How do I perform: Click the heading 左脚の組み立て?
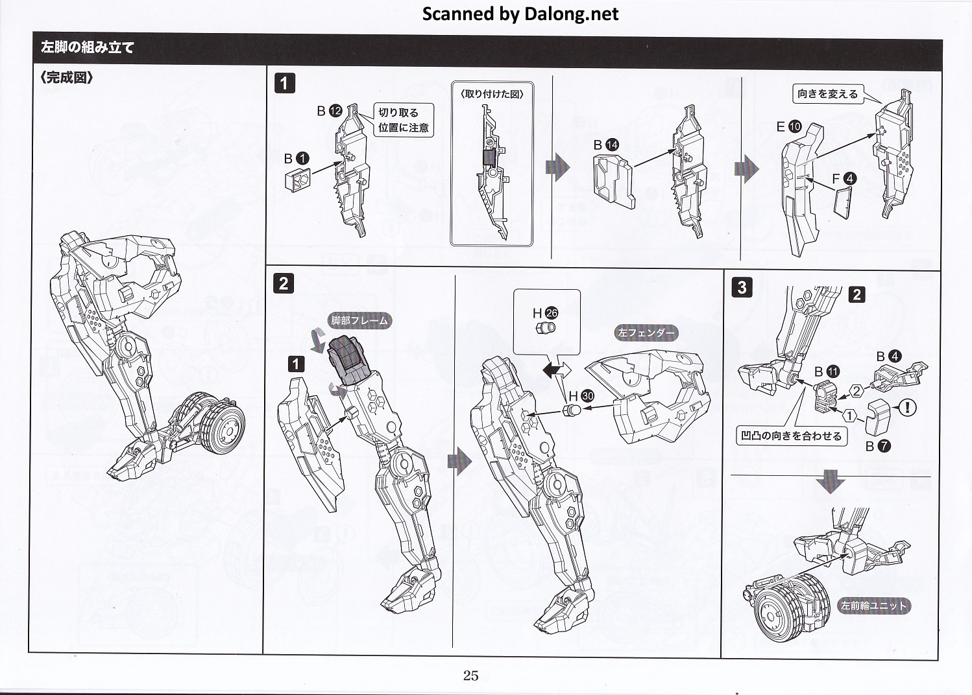[x=88, y=48]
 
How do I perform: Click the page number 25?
[x=470, y=676]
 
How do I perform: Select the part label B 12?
[x=329, y=111]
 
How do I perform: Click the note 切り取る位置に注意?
[x=403, y=121]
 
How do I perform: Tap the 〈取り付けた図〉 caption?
[x=492, y=94]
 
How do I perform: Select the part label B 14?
[x=606, y=145]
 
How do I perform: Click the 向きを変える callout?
[x=827, y=95]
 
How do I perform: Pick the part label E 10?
[x=789, y=127]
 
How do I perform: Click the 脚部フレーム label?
[x=359, y=320]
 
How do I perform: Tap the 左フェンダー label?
[x=646, y=333]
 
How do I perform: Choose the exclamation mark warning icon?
[x=906, y=407]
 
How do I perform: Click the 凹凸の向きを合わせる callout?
[x=791, y=436]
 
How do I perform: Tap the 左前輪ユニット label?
[x=873, y=606]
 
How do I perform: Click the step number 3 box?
[x=742, y=287]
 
